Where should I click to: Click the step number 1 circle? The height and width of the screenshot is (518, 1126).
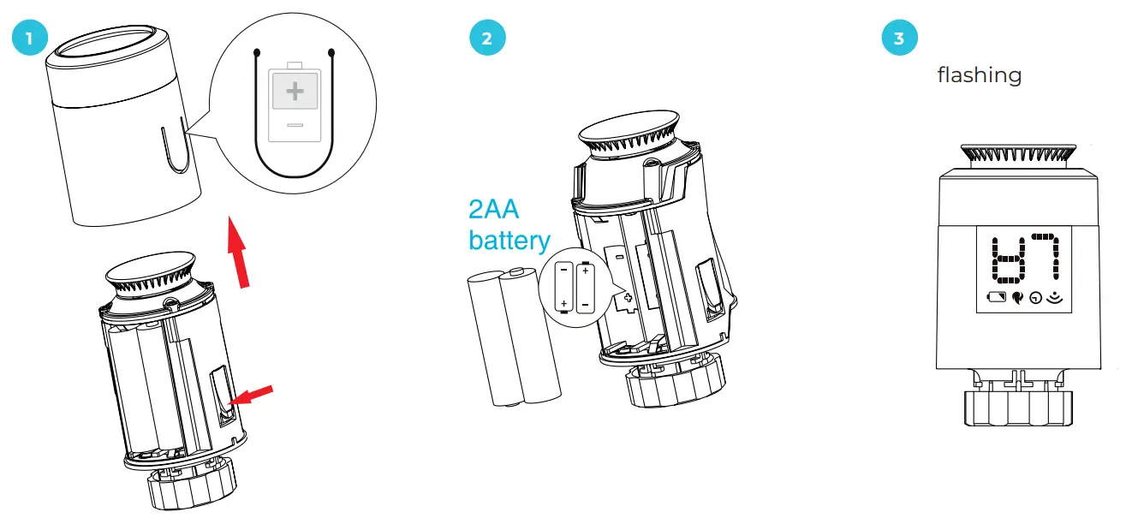30,39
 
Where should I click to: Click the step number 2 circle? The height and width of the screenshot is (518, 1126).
487,39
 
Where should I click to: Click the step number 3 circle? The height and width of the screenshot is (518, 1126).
898,39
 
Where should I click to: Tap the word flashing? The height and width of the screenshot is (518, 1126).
979,75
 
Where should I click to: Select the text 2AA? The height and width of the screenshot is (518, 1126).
494,210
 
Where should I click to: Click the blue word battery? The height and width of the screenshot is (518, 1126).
509,241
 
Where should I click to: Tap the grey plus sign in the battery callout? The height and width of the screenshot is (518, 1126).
295,92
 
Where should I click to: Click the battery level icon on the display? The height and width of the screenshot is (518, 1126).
998,298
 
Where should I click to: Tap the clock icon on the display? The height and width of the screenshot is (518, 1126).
1037,299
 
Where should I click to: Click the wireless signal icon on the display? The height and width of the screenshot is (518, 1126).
1055,298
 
